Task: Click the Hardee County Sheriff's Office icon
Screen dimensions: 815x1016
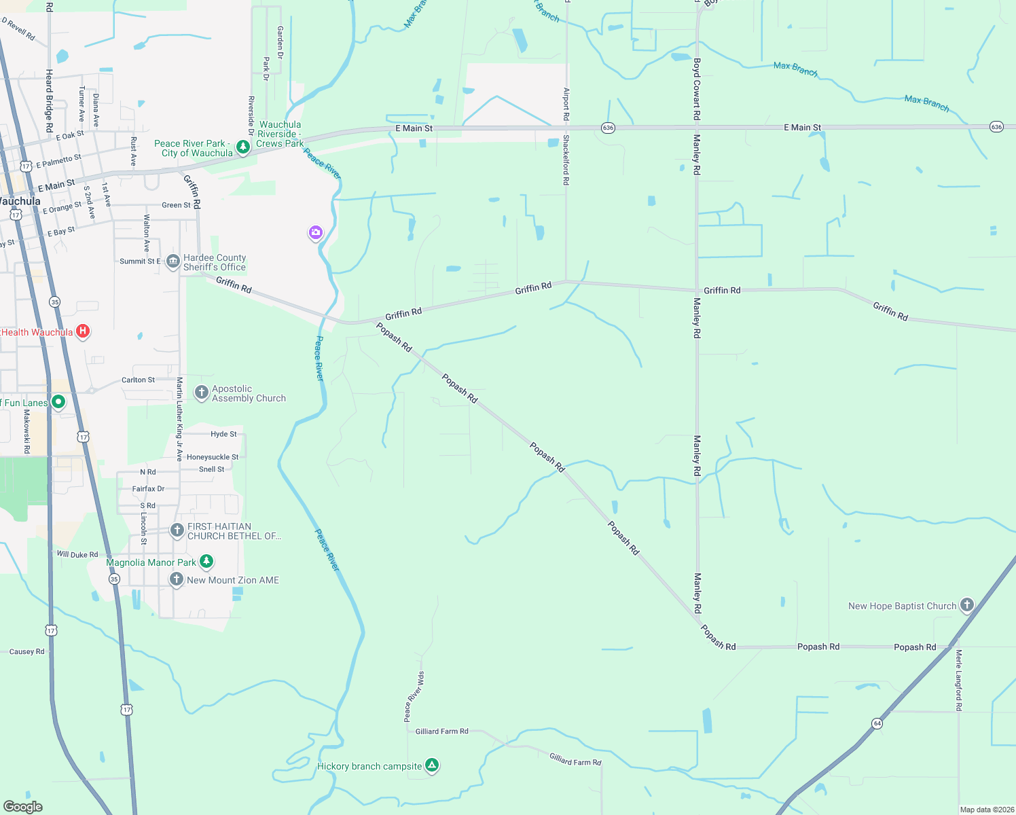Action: [x=173, y=261]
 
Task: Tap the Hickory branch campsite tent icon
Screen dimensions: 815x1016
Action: [x=431, y=765]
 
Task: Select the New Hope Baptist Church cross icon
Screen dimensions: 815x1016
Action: [x=966, y=604]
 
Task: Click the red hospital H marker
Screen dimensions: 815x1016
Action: [x=82, y=331]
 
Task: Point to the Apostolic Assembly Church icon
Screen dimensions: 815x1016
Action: [x=201, y=393]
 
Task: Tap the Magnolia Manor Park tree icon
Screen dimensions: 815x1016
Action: [x=206, y=562]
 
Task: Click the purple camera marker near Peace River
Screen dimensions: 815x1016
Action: [x=315, y=233]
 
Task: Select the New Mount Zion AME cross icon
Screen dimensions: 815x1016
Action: [x=177, y=579]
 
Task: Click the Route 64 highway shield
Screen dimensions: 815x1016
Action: [x=877, y=723]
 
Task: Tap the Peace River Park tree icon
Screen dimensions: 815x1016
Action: [x=242, y=147]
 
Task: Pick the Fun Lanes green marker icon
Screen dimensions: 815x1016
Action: [x=58, y=402]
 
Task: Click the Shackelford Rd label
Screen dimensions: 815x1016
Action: [x=565, y=160]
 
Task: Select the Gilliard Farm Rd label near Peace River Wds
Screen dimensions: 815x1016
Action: [x=441, y=731]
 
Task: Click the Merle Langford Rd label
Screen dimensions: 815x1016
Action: [x=958, y=680]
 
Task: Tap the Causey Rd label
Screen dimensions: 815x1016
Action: [x=26, y=651]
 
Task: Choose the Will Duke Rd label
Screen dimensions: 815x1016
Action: [x=77, y=554]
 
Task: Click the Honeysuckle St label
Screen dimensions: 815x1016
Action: [x=213, y=457]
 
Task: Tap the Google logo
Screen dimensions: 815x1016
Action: [x=23, y=806]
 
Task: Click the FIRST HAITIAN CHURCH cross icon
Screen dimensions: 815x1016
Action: [x=177, y=530]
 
